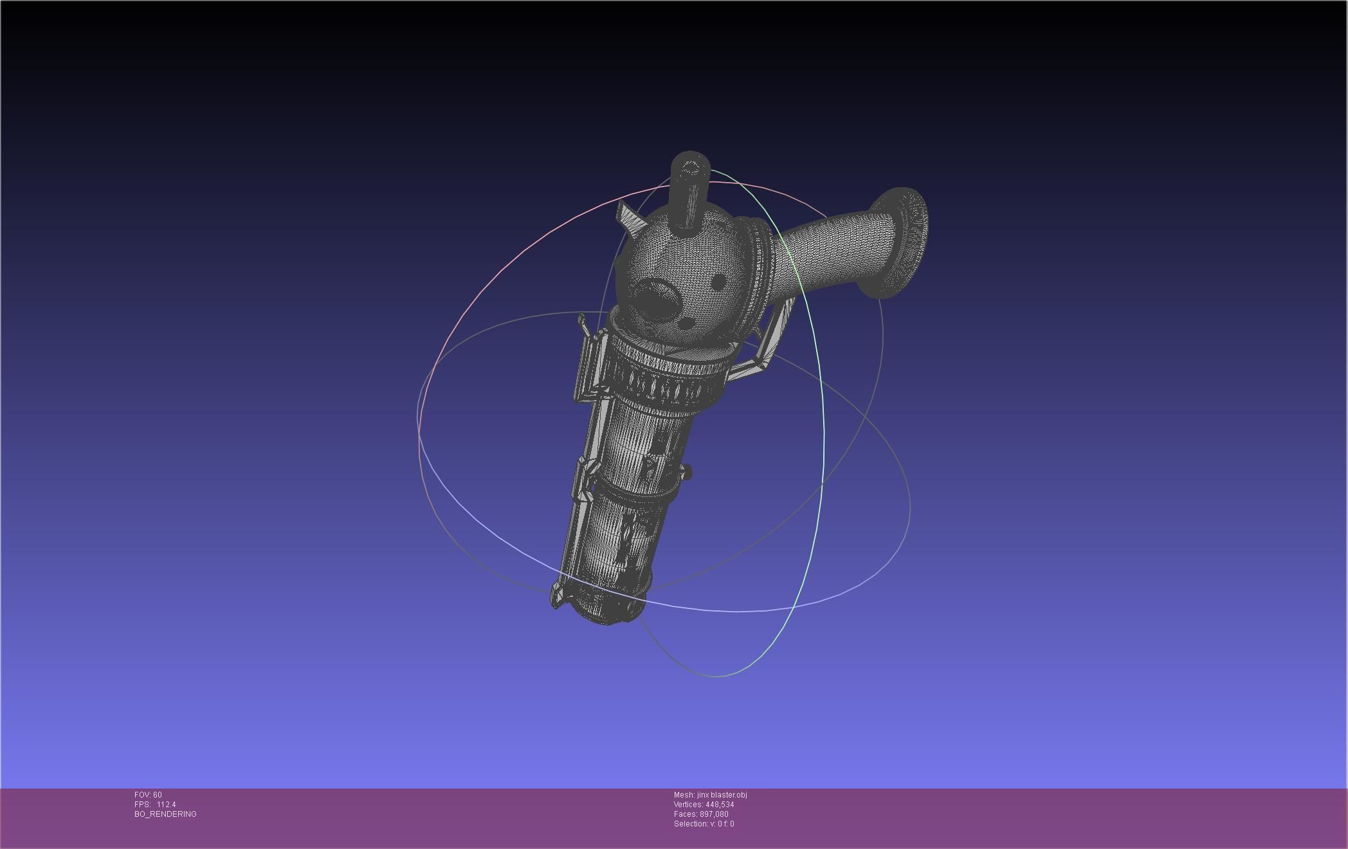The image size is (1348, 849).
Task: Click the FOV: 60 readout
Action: pos(148,795)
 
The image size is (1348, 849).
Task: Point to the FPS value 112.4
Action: pos(166,805)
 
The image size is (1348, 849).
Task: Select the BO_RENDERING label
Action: pos(165,814)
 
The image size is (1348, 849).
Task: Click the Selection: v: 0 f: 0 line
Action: pos(704,824)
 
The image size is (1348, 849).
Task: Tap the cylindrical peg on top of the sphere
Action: pos(689,190)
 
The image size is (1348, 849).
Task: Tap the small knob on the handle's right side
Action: pos(688,473)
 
